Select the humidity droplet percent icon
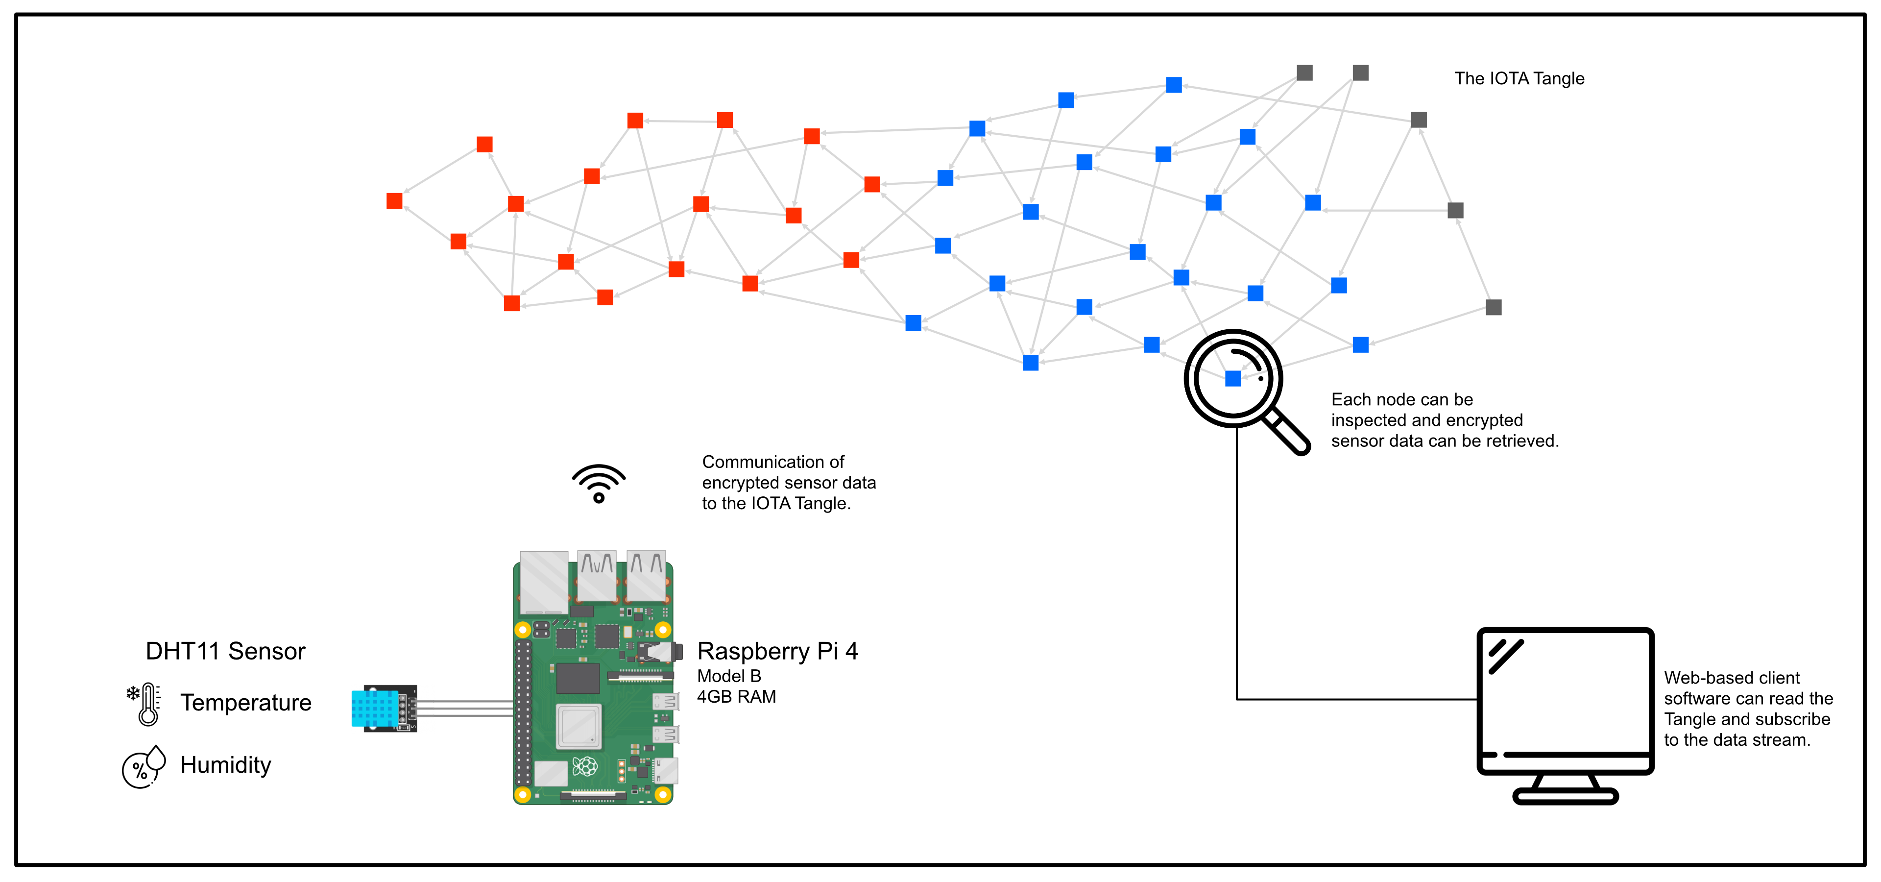coord(144,767)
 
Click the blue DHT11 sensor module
coord(384,708)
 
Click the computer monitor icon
coord(1565,715)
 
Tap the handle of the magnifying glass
coord(1287,432)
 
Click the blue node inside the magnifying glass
coord(1233,378)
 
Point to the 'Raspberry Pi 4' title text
coord(778,651)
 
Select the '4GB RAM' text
coord(736,697)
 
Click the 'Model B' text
coord(729,676)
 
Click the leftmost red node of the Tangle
coord(394,201)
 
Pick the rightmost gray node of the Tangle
coord(1494,307)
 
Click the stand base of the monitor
coord(1566,797)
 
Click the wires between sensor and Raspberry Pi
coord(465,708)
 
